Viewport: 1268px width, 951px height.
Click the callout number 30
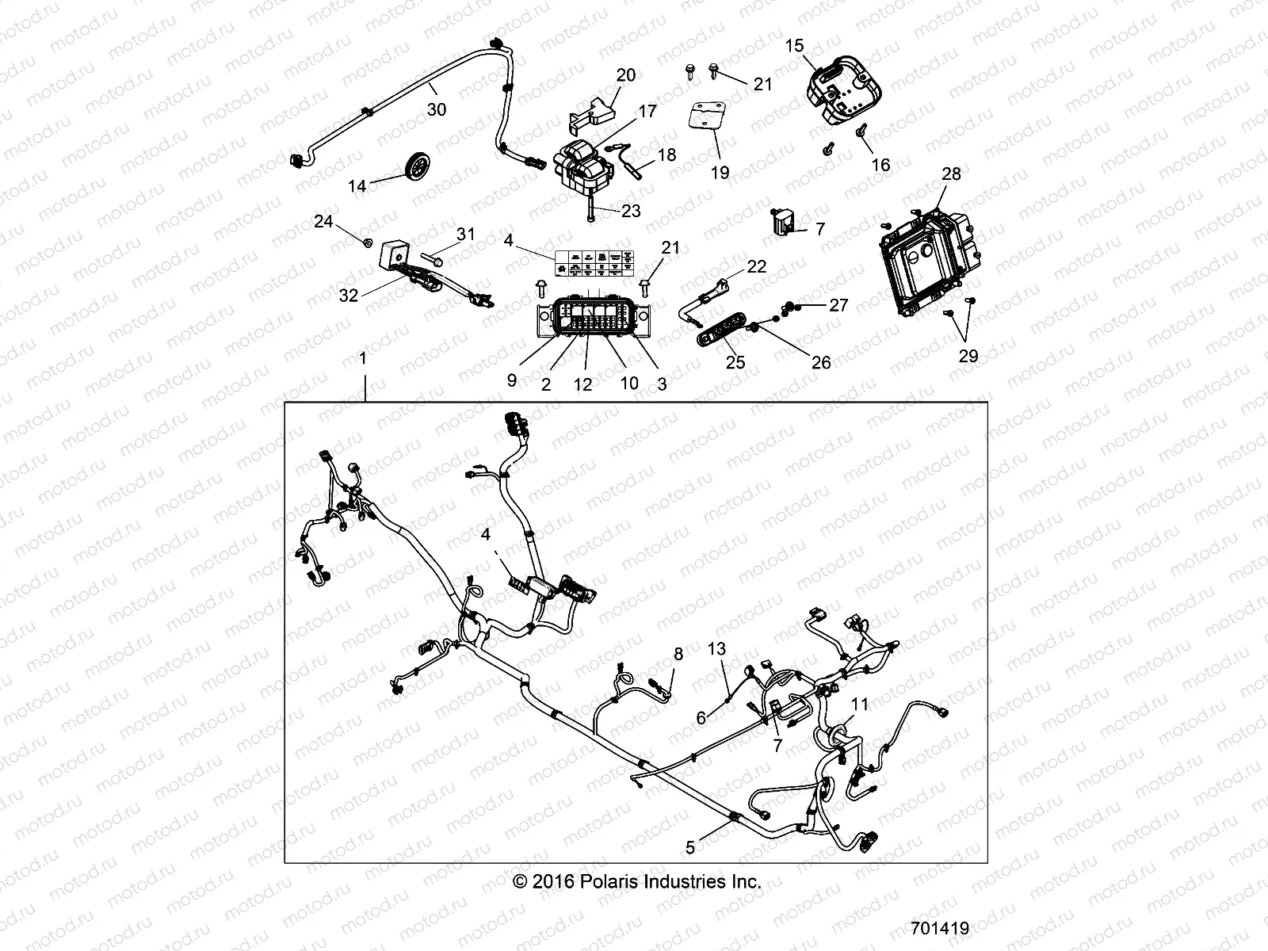click(x=437, y=110)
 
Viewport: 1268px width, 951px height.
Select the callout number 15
click(x=794, y=47)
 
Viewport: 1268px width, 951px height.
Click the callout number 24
click(x=323, y=221)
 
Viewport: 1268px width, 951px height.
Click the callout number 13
click(x=716, y=650)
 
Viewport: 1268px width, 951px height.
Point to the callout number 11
click(x=860, y=704)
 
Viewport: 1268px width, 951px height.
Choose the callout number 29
click(x=968, y=356)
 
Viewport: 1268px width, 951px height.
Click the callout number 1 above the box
click(x=364, y=358)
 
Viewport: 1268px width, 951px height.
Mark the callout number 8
click(x=678, y=655)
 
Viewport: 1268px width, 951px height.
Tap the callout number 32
click(x=349, y=296)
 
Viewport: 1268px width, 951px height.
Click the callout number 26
click(x=821, y=362)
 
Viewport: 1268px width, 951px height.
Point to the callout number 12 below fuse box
click(x=582, y=384)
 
